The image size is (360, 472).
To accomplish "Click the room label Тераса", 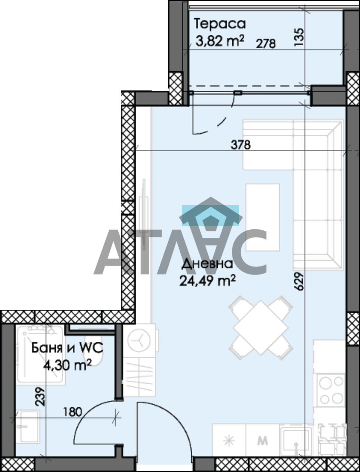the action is click(220, 24).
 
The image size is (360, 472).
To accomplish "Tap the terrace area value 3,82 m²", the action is click(220, 41).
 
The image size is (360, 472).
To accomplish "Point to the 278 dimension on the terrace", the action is click(266, 43).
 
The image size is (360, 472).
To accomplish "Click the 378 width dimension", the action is click(241, 145).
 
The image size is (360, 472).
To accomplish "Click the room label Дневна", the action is click(207, 264).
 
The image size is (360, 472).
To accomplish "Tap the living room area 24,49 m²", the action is click(207, 281).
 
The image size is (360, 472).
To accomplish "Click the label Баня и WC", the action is click(67, 348).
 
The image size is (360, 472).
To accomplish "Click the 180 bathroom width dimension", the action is click(73, 412).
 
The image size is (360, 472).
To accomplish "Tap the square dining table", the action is click(261, 328).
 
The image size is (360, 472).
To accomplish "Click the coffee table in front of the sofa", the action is click(263, 217).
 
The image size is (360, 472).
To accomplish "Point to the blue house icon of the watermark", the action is click(210, 215).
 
